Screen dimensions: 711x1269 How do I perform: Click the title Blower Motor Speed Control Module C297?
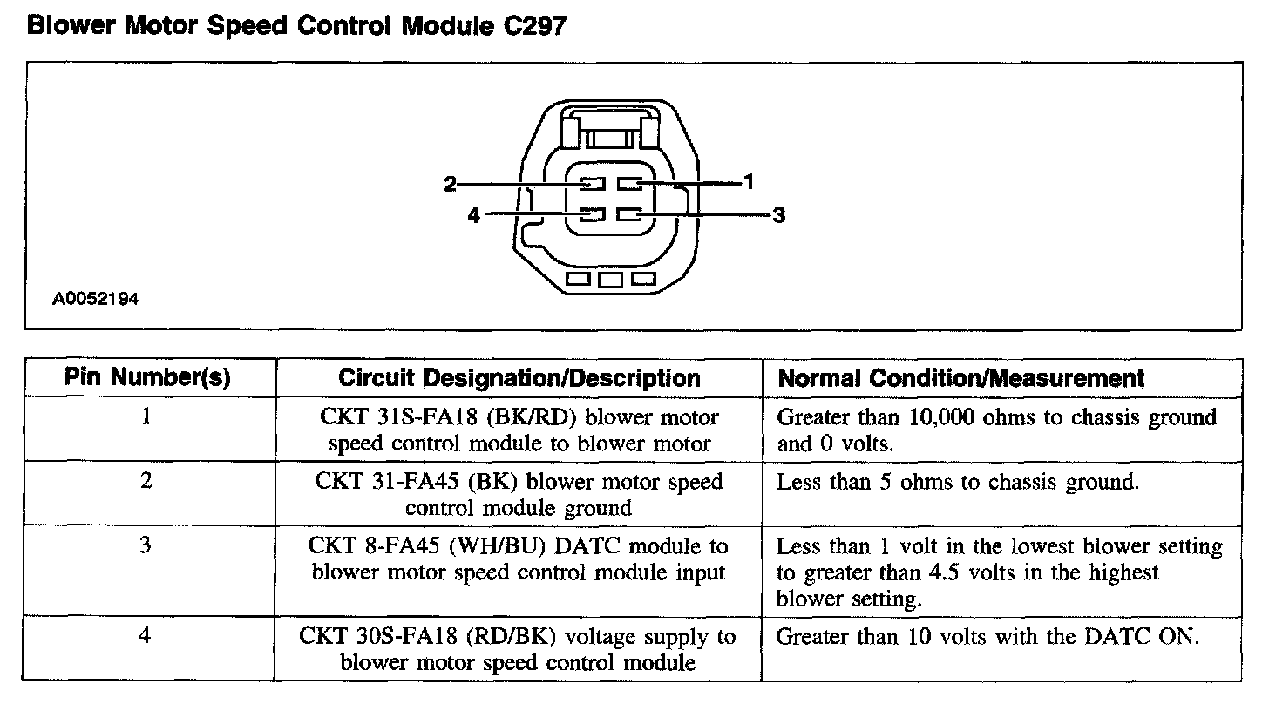point(297,26)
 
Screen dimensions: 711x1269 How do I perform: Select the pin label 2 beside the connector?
point(450,183)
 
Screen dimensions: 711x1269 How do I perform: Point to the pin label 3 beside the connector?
point(779,214)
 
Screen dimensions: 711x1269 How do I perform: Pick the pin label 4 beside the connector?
point(473,214)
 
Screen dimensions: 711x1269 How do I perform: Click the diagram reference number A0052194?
point(95,299)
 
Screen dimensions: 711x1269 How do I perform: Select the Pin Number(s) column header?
point(147,378)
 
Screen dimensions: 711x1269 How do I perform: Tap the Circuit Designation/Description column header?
point(519,378)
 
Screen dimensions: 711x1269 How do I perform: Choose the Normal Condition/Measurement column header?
point(960,378)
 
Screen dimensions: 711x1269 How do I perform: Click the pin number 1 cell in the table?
point(146,416)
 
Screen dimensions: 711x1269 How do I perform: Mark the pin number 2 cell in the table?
point(146,481)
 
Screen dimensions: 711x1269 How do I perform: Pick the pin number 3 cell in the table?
point(146,545)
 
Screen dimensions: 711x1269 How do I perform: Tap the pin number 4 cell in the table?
point(146,636)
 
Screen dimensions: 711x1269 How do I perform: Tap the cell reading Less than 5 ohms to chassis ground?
point(957,482)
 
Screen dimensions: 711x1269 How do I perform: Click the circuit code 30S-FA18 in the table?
point(401,637)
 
